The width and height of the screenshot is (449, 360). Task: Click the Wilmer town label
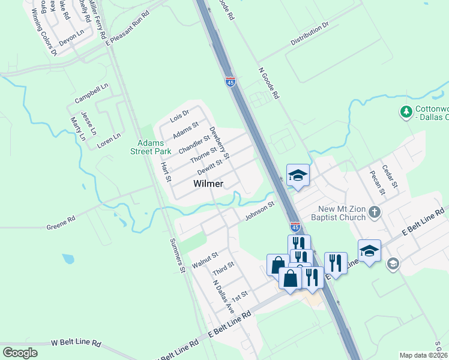209,184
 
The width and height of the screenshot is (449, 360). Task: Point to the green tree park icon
406,112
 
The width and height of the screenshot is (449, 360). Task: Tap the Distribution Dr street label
310,34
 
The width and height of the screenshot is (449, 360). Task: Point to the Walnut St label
205,260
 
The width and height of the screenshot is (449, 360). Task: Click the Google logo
20,352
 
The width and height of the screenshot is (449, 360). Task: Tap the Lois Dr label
179,114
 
